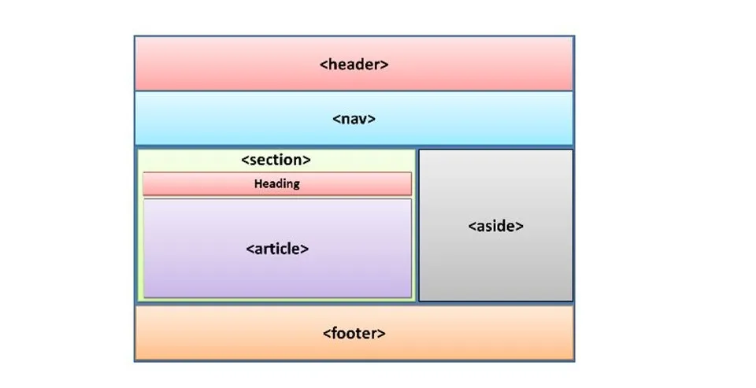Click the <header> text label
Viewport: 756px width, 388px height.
(354, 65)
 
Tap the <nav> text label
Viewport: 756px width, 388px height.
(354, 120)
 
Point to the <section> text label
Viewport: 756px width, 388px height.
(276, 160)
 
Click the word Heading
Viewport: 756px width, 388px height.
(276, 184)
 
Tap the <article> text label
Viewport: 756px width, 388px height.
(277, 249)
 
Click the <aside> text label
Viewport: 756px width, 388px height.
(495, 226)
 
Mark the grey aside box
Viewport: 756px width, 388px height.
(495, 268)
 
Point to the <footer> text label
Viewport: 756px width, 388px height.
(354, 333)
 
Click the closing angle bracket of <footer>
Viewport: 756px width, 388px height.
(382, 333)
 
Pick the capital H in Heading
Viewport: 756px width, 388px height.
(258, 184)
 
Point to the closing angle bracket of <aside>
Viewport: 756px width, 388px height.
(520, 226)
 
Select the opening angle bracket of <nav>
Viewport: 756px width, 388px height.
(336, 120)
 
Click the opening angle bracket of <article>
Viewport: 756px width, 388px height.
(250, 249)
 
